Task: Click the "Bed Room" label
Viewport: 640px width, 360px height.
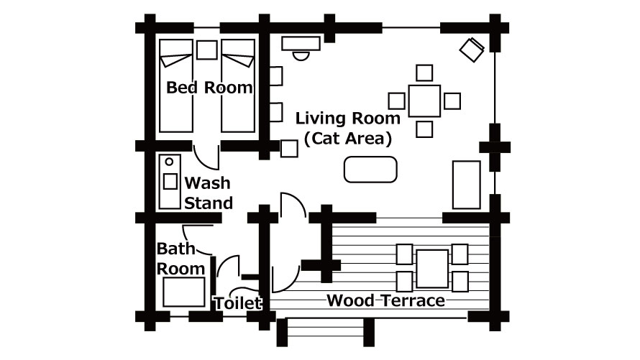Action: point(209,87)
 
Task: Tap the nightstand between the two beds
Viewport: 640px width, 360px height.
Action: point(207,50)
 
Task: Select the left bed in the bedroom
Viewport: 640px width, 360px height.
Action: point(176,86)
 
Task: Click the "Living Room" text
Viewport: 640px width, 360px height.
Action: point(348,119)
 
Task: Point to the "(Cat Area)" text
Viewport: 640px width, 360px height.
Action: point(348,139)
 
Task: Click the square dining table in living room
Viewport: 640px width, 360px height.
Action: point(424,101)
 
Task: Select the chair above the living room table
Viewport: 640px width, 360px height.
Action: point(424,73)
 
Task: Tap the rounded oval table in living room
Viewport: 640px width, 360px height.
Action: point(370,169)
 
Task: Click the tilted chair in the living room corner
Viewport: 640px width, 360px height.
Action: point(472,50)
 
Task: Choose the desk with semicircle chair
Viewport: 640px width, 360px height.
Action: point(301,44)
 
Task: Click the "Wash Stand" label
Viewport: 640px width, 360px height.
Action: point(209,193)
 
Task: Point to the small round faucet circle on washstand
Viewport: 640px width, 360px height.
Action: point(170,162)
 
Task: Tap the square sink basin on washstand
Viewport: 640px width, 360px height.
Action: point(170,181)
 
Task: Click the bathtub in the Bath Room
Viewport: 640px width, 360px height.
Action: point(183,292)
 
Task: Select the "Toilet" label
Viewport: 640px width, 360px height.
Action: point(237,303)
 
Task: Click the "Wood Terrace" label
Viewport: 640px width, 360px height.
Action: point(385,300)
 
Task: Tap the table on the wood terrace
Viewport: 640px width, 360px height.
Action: point(432,269)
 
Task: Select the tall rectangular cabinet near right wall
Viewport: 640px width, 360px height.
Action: point(467,185)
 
